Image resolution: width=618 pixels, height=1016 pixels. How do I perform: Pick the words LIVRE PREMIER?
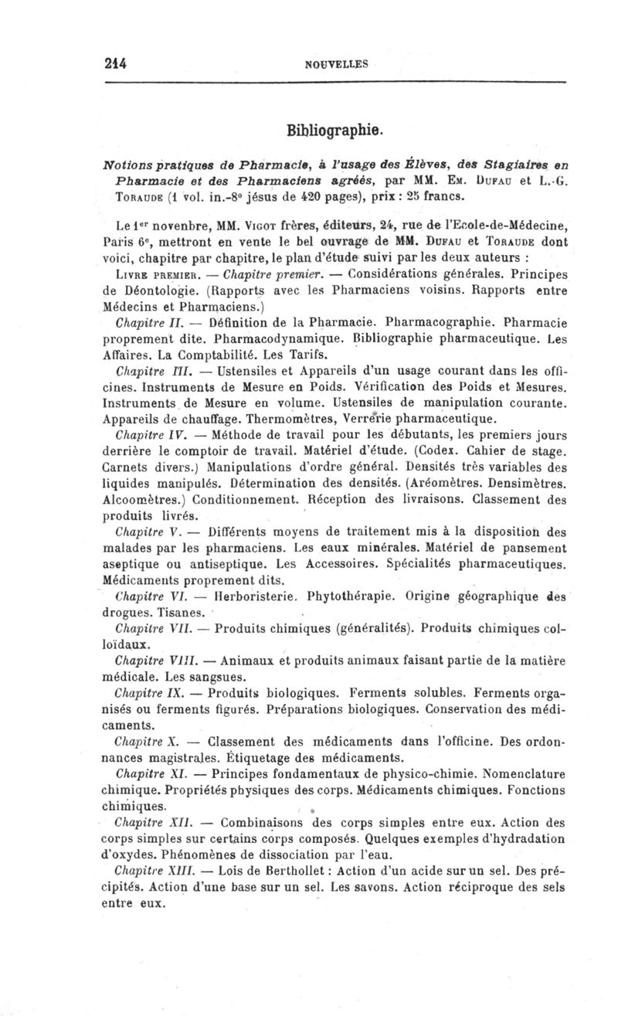[154, 297]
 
